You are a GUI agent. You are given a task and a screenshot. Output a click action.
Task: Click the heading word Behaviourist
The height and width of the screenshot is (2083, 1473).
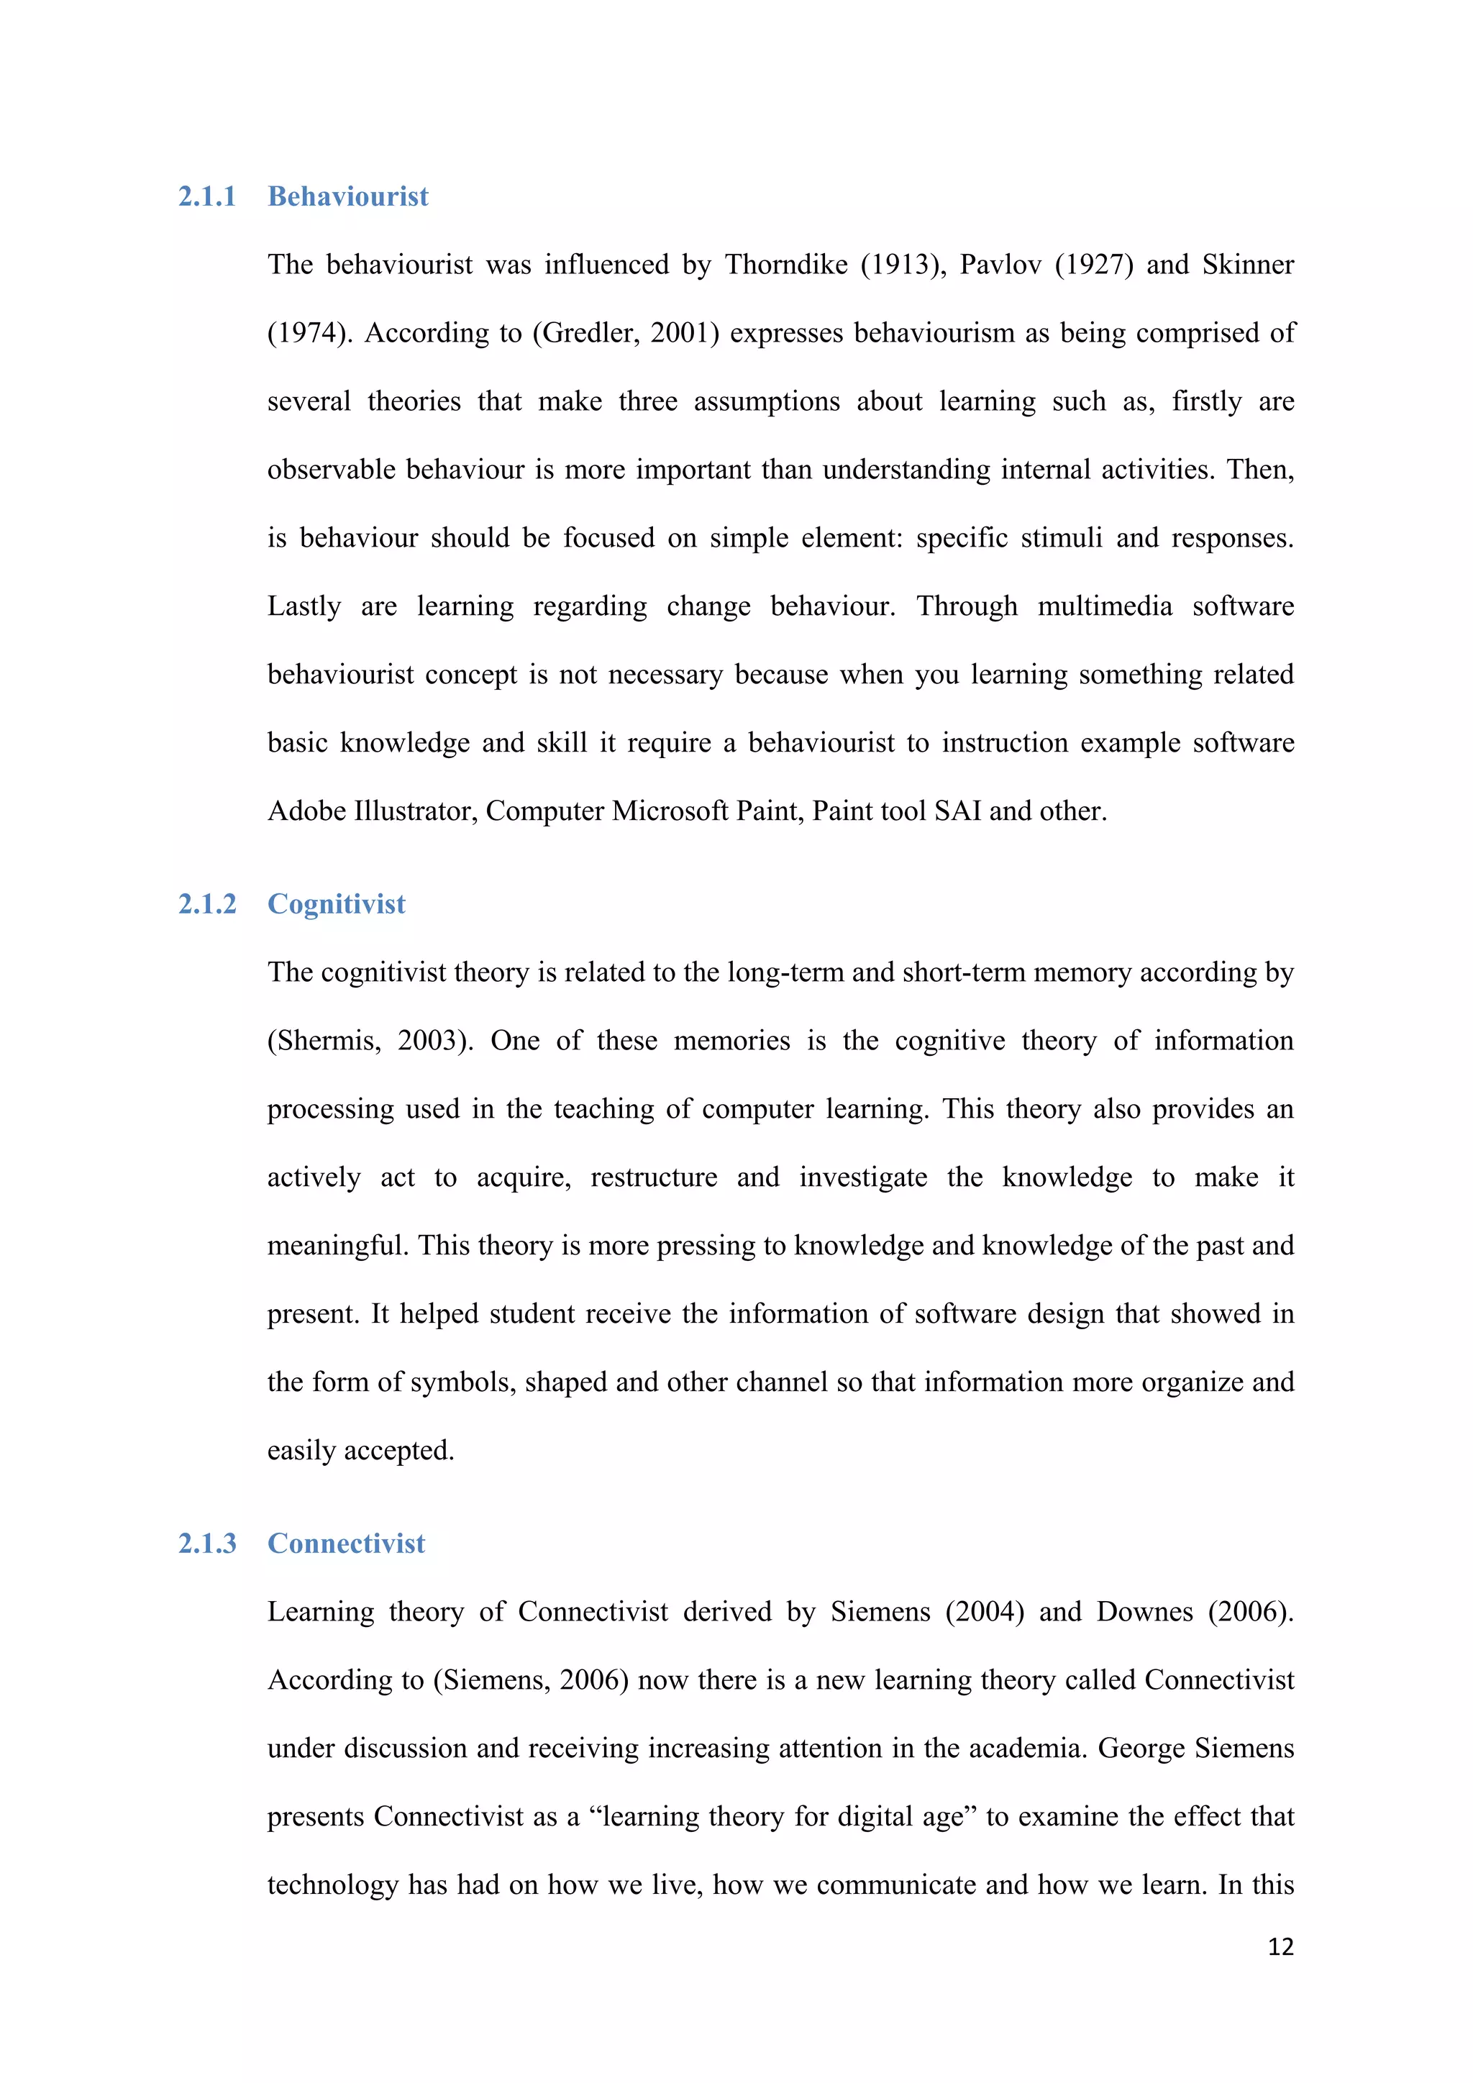(347, 197)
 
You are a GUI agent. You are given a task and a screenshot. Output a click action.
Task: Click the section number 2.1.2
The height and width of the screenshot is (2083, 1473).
(207, 905)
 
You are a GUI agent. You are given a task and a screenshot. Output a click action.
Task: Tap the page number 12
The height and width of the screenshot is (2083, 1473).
(1280, 1946)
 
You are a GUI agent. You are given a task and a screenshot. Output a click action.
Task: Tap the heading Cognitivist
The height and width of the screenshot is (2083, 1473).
(337, 905)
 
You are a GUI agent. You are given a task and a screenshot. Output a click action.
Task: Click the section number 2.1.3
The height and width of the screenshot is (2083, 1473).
(207, 1544)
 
